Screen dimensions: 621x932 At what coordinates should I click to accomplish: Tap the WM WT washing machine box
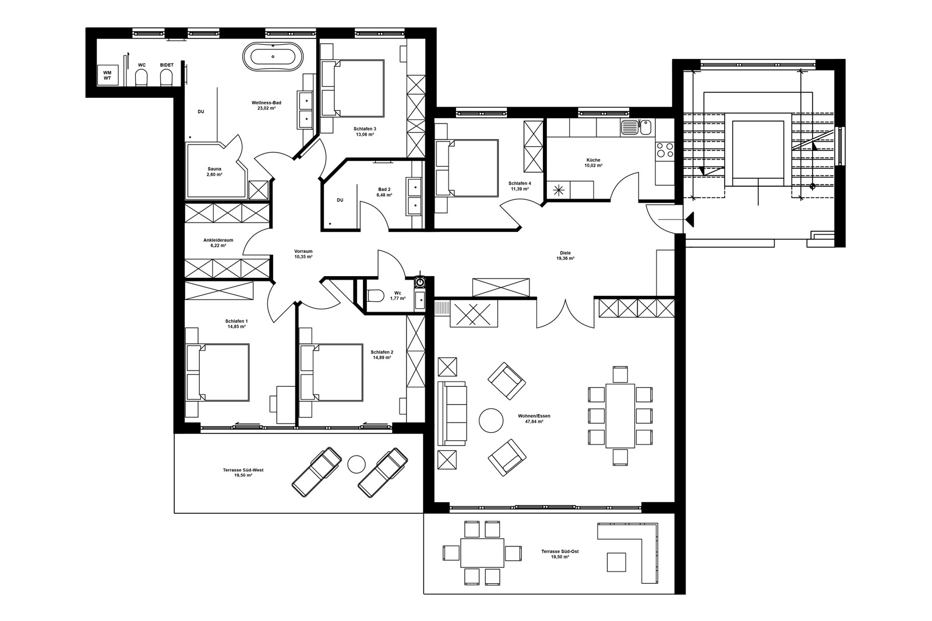click(107, 75)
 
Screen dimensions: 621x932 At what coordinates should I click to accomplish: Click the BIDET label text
click(166, 65)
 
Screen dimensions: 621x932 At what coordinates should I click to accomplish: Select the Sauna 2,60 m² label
click(214, 171)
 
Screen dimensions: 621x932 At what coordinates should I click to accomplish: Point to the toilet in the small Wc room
click(376, 296)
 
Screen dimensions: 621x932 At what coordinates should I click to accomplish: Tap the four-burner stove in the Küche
click(665, 150)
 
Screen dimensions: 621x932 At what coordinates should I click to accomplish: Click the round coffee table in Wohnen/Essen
click(490, 419)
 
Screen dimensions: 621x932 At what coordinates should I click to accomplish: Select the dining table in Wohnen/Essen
click(620, 415)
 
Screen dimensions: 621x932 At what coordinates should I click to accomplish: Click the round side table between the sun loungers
click(355, 464)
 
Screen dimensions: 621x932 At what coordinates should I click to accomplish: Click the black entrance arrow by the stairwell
click(690, 219)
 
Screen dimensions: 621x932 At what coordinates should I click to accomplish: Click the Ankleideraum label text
click(218, 239)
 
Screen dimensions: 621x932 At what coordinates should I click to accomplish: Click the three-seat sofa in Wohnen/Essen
click(453, 414)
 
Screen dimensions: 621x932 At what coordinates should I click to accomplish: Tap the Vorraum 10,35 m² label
click(303, 253)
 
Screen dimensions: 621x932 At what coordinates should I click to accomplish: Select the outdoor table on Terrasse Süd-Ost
click(482, 552)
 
